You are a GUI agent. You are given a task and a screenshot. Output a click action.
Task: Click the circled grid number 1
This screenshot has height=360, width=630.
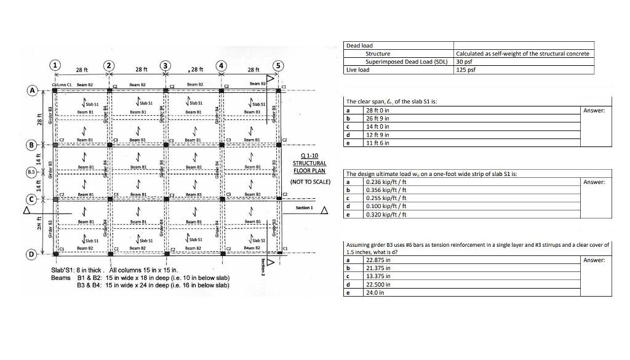(56, 65)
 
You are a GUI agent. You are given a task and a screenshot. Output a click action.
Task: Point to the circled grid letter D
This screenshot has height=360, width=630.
(30, 254)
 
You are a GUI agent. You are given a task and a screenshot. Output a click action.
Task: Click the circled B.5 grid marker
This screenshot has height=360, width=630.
(30, 172)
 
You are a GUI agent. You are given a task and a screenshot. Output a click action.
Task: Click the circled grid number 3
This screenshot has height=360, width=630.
(165, 65)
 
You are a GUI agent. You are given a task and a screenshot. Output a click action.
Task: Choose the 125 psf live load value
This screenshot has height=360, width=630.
(464, 70)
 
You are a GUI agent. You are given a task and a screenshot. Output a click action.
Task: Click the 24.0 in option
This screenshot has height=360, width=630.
(375, 293)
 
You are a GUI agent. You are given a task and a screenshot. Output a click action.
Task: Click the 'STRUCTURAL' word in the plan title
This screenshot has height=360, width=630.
(309, 163)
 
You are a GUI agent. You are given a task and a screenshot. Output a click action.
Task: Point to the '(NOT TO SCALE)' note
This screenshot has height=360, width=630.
(310, 182)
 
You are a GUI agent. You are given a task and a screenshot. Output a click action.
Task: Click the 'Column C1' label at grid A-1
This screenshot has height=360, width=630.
(62, 83)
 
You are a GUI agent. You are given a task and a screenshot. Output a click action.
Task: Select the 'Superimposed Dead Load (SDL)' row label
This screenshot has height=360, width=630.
(405, 62)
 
